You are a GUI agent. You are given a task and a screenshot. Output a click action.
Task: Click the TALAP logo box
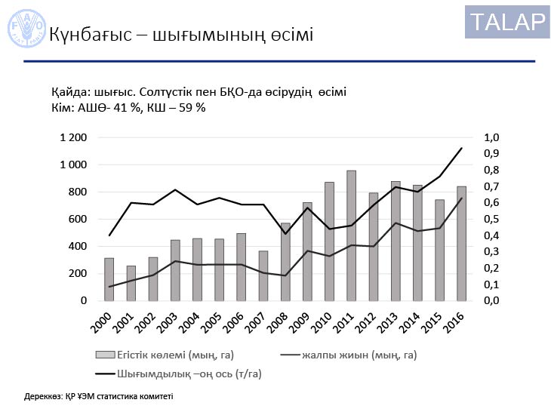[507, 22]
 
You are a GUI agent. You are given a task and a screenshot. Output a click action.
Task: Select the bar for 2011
[351, 235]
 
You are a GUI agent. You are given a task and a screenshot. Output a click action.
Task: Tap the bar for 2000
[109, 279]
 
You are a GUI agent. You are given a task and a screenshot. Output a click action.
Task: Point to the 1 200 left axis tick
[73, 138]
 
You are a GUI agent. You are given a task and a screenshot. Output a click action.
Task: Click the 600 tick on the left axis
[78, 220]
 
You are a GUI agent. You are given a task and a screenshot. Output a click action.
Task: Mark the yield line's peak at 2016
[461, 148]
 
